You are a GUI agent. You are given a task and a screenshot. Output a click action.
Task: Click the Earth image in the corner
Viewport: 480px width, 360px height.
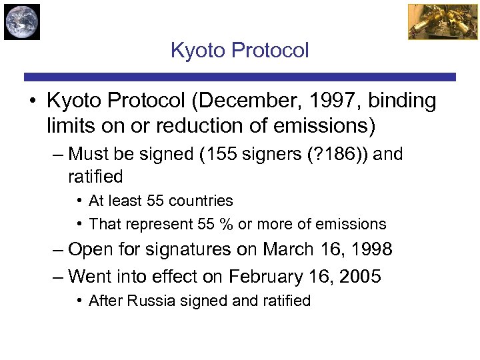(22, 21)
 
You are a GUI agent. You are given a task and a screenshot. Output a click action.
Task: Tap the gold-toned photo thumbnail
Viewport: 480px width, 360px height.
(433, 21)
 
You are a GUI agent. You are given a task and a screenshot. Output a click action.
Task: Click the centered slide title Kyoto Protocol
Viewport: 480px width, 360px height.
(240, 51)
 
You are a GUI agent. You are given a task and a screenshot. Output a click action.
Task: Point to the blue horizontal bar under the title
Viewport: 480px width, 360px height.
(240, 77)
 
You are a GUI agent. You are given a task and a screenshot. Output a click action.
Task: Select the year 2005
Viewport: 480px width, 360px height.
(359, 276)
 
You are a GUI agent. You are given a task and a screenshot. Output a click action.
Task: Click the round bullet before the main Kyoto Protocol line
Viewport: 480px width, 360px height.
(32, 102)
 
